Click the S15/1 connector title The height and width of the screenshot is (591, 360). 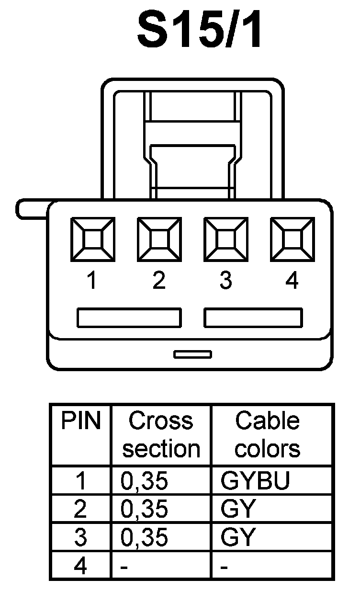(x=200, y=32)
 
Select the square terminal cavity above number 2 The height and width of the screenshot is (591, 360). (x=159, y=239)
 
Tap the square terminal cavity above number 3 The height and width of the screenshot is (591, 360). (x=225, y=239)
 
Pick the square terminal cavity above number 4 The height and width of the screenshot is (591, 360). (x=292, y=239)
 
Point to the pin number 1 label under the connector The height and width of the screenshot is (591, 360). (x=92, y=281)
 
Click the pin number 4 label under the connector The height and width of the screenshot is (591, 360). (x=292, y=281)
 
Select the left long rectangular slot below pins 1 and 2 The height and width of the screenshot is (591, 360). (x=129, y=318)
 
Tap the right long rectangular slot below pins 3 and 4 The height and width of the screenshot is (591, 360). (x=253, y=318)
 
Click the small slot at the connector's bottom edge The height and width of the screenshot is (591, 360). (x=192, y=354)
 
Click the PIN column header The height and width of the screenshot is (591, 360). (x=81, y=421)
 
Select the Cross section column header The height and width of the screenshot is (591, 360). (x=161, y=435)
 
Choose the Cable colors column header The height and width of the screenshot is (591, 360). (x=268, y=435)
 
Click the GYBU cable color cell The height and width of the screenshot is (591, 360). (x=255, y=482)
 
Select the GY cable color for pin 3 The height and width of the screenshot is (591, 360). (x=236, y=538)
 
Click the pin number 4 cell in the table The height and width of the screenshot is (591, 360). (x=80, y=566)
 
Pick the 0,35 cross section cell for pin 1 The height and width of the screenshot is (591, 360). (x=145, y=482)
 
